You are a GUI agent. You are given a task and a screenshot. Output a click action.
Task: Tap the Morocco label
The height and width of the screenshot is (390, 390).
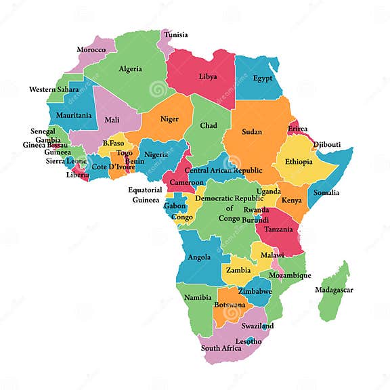(91, 49)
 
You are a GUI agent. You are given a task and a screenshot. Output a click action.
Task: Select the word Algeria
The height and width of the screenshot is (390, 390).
(131, 68)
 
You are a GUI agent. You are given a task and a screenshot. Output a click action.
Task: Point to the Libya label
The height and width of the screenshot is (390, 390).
(208, 77)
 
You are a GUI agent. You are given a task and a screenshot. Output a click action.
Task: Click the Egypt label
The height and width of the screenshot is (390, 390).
(263, 78)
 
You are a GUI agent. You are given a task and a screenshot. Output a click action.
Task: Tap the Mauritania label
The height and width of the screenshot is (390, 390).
(74, 115)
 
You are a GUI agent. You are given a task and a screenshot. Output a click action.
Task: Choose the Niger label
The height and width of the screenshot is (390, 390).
(169, 119)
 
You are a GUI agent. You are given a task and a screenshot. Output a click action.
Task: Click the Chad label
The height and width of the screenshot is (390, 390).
(209, 125)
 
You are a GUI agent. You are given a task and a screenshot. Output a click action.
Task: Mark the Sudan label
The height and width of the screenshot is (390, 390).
(252, 131)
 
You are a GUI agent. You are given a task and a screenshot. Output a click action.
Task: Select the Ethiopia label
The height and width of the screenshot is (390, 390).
(299, 162)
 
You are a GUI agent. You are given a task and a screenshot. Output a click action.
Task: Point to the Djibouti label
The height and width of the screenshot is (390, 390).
(327, 144)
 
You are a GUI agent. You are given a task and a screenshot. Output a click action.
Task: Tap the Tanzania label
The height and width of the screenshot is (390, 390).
(279, 229)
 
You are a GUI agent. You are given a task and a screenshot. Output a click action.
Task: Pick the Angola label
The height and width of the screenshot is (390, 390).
(199, 257)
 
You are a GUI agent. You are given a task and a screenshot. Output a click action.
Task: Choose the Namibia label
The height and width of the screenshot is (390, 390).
(198, 297)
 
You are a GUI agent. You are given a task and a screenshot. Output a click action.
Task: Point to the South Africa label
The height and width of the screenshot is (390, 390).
(221, 348)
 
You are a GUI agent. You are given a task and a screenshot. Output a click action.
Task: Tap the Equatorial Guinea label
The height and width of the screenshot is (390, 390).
(146, 195)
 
